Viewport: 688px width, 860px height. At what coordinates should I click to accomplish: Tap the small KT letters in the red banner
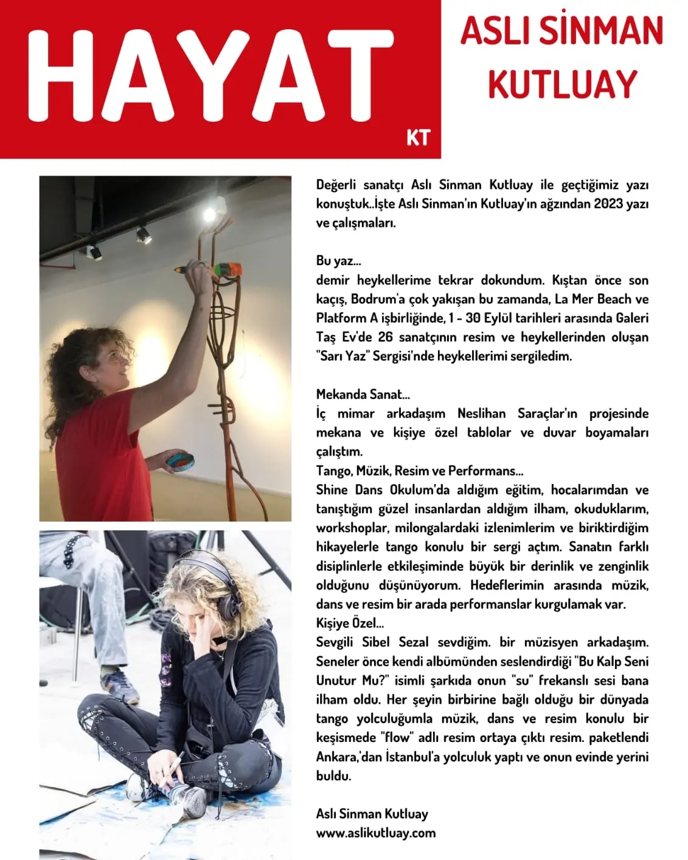(418, 137)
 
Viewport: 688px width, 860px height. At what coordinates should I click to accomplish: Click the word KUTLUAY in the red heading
(562, 85)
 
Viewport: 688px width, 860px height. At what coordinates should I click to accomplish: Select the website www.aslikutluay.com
(375, 833)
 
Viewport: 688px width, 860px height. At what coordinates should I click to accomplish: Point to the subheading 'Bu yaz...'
(338, 261)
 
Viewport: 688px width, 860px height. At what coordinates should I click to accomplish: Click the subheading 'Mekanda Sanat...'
(363, 394)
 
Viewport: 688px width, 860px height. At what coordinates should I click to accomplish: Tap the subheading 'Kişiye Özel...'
(350, 623)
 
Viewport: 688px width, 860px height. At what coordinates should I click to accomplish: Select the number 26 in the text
(385, 337)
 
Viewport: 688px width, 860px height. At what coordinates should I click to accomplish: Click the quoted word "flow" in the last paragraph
(397, 738)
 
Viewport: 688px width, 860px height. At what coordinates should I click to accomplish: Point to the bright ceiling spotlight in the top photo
(209, 213)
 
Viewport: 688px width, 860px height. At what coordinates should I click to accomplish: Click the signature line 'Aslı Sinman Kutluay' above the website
(372, 814)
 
